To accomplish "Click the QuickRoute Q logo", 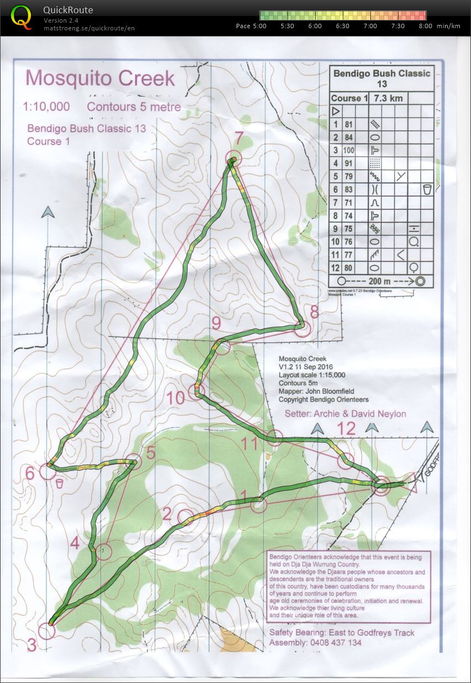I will [22, 17].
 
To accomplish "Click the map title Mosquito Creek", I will [100, 78].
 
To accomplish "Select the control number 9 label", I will [216, 322].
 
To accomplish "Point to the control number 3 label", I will [32, 644].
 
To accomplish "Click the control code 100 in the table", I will [349, 150].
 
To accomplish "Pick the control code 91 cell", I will [349, 163].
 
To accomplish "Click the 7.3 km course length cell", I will [389, 98].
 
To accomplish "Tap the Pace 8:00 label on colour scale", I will [425, 26].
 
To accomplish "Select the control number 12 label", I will [347, 428].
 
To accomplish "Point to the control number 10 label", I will [176, 398].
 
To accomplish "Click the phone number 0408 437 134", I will [324, 643].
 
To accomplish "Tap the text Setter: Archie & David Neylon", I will [345, 414].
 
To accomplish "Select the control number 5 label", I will [150, 452].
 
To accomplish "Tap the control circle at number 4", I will [104, 551].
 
